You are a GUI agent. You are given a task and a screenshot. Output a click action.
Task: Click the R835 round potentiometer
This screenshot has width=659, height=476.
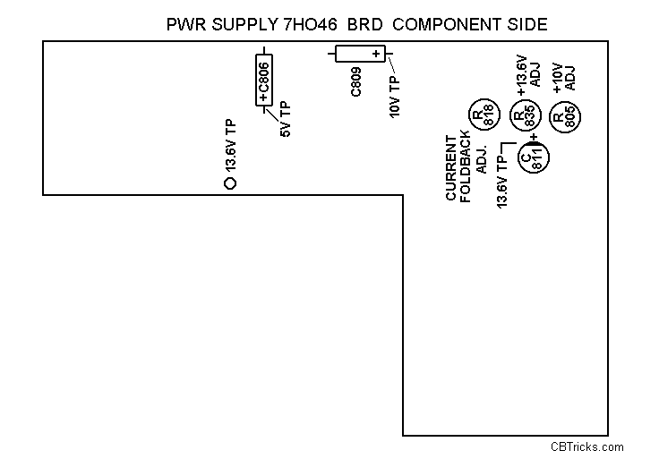[524, 116]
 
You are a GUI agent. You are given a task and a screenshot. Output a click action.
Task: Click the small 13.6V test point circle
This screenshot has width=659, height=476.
[229, 183]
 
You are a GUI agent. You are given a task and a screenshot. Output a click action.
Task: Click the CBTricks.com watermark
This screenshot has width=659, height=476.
[587, 447]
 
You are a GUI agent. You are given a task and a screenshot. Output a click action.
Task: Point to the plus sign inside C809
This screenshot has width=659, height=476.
[376, 55]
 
